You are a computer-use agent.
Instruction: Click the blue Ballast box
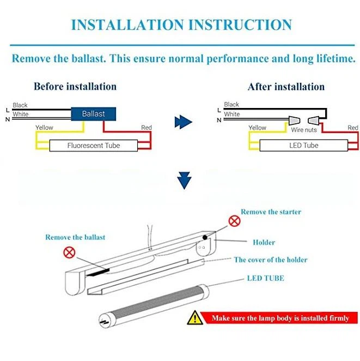coord(93,114)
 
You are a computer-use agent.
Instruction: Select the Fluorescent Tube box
coord(93,146)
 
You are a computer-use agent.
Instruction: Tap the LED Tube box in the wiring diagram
coord(303,146)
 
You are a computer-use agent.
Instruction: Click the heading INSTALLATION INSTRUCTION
coord(181,25)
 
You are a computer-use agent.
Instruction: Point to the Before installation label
coord(75,87)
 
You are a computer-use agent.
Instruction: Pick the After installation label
coord(286,87)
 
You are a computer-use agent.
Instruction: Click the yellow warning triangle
coord(194,317)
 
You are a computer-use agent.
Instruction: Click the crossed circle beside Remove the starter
coord(234,221)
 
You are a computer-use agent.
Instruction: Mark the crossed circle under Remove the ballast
coord(69,252)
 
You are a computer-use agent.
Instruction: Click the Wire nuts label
coord(304,130)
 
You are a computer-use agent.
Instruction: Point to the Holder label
coord(264,242)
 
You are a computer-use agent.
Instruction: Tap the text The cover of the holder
coord(271,260)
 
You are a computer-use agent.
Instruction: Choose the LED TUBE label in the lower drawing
coord(265,278)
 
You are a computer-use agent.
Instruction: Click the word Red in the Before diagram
coord(146,128)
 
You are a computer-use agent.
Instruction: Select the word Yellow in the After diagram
coord(257,128)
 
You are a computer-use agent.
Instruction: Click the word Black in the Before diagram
coord(20,105)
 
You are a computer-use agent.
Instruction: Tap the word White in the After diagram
coord(231,114)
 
